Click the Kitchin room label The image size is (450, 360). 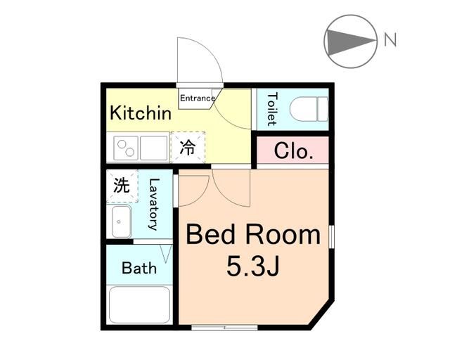point(141,112)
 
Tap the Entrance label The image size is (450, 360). point(198,98)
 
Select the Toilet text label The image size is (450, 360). point(272,109)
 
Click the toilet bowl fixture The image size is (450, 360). point(309,109)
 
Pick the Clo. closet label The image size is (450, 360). point(293,150)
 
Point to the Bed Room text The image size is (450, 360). point(253,235)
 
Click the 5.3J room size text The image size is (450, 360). point(253,266)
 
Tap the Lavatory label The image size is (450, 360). point(154,205)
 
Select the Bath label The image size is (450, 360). point(139,268)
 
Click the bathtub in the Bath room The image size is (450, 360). point(139,304)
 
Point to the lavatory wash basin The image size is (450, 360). point(122,221)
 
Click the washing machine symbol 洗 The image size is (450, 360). point(122,186)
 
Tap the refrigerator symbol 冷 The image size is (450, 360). point(188,147)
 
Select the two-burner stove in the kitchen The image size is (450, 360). point(126,148)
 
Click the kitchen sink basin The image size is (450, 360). point(154,148)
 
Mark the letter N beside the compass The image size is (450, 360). point(390,39)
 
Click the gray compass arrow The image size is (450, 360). point(351,42)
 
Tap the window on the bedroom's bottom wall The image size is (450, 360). point(224,327)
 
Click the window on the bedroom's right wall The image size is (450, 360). point(331,236)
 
